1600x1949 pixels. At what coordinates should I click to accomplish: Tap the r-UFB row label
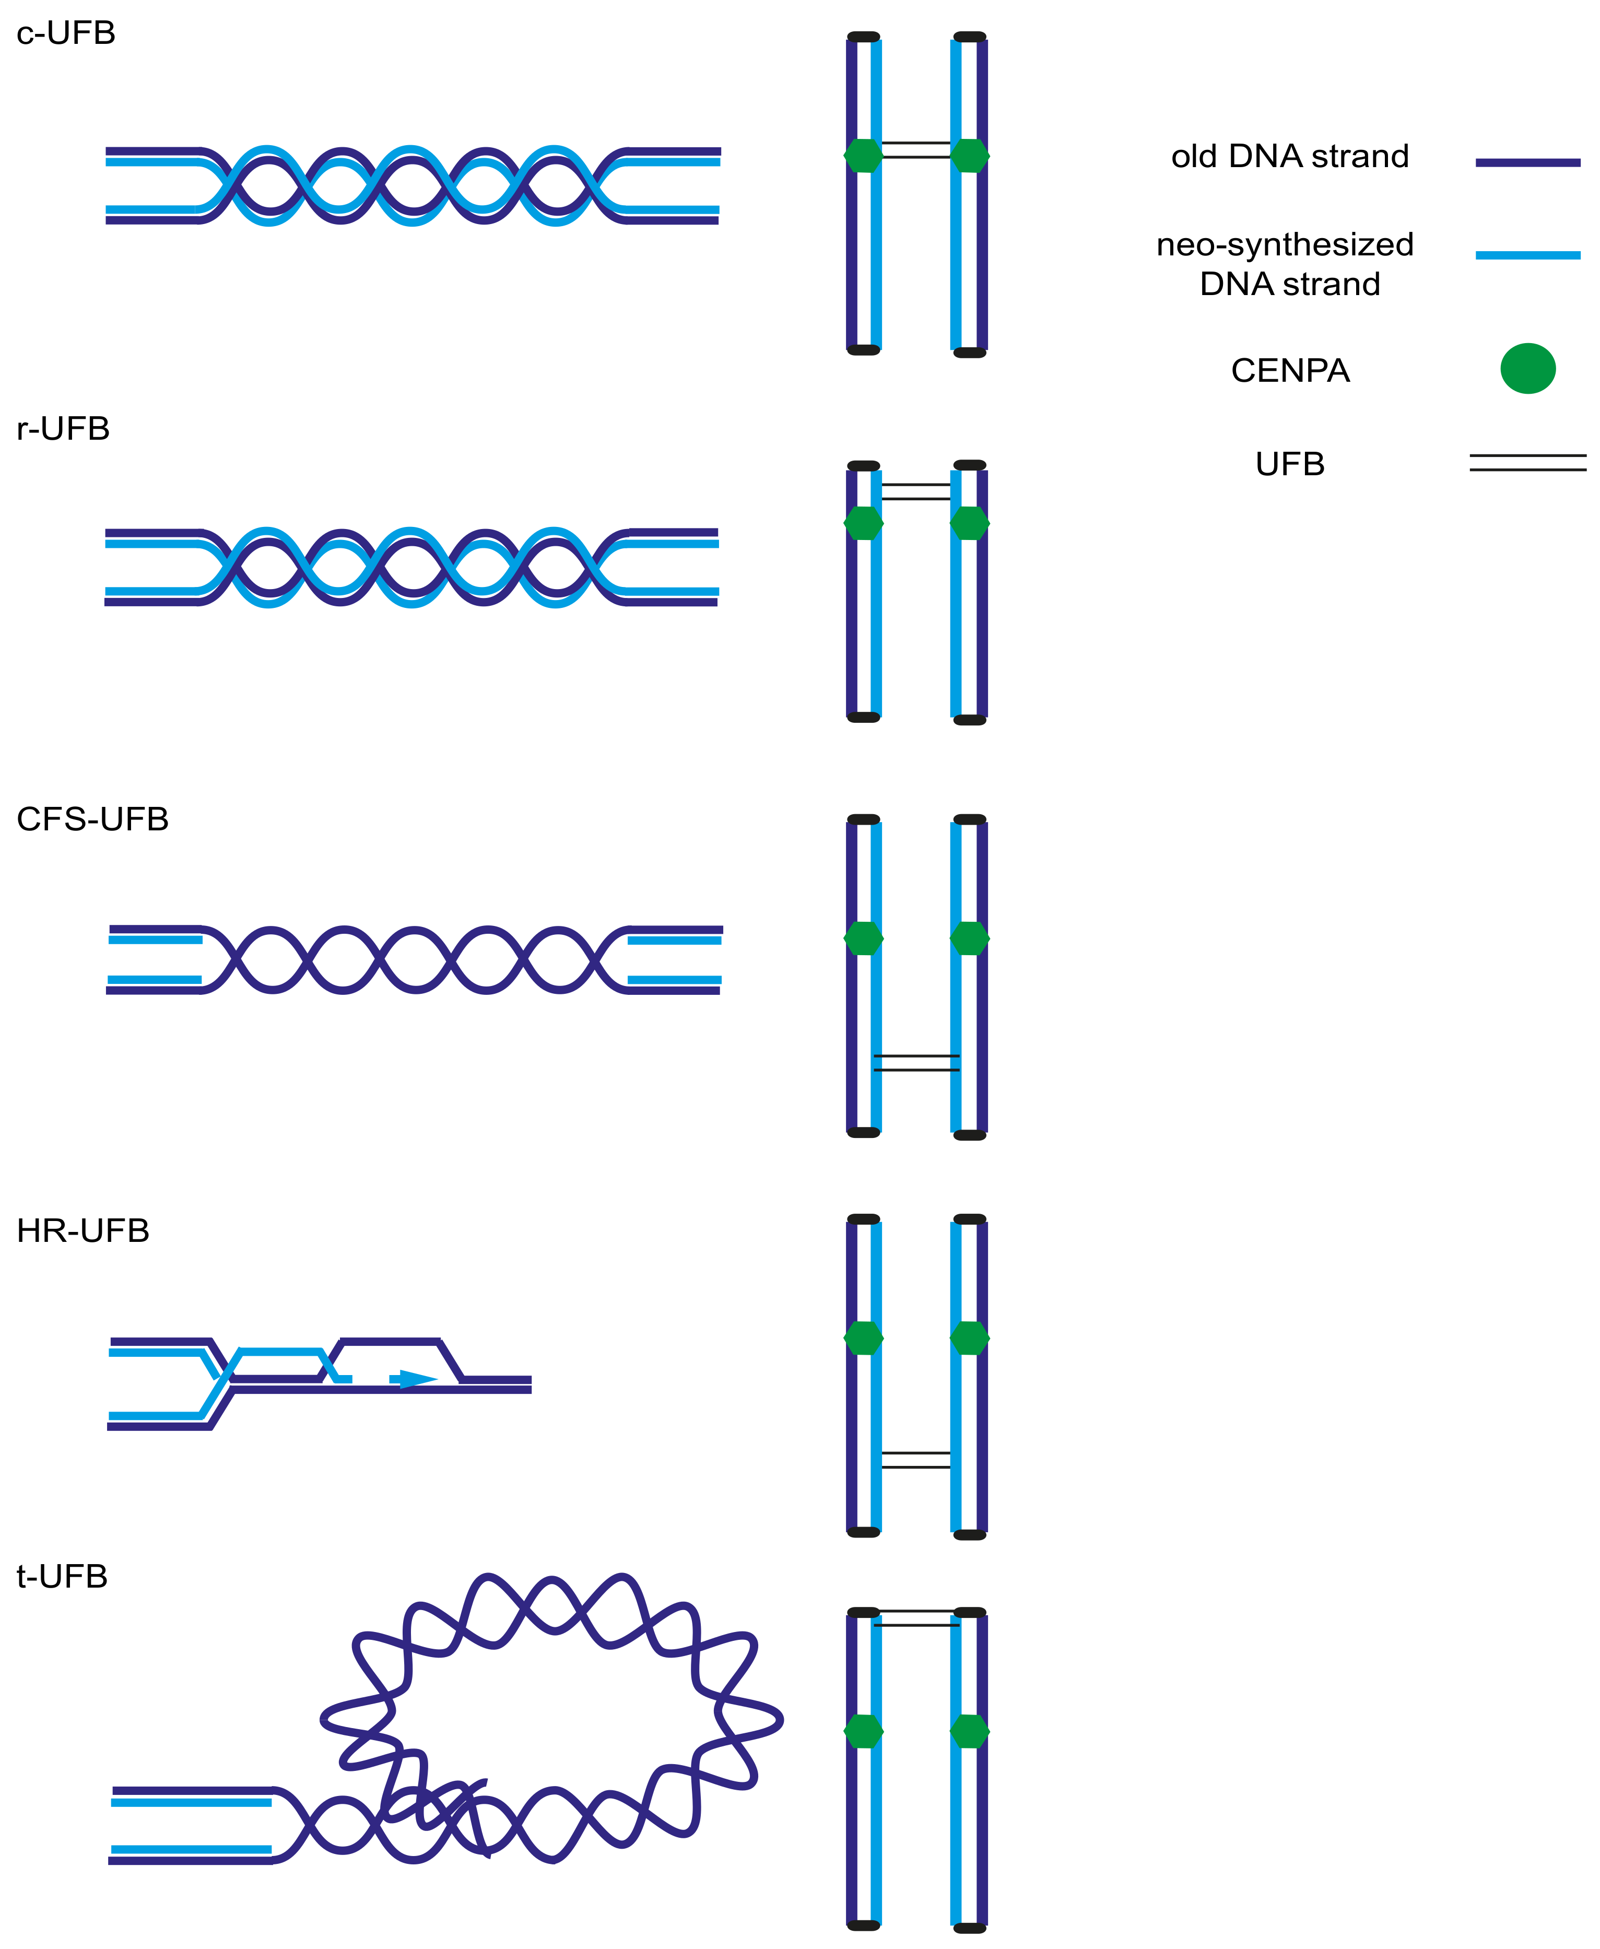point(63,429)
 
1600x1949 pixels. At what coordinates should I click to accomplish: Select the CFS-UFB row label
point(92,819)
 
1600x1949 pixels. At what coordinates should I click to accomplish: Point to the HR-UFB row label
point(83,1230)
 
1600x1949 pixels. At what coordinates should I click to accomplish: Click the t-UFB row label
point(62,1576)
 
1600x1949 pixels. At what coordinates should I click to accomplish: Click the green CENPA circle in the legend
point(1527,369)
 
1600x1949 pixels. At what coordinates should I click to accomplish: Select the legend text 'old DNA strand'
point(1289,157)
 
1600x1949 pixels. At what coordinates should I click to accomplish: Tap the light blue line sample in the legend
point(1527,254)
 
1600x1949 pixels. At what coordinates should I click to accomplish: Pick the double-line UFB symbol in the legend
point(1527,463)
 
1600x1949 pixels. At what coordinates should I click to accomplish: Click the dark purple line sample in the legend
point(1527,162)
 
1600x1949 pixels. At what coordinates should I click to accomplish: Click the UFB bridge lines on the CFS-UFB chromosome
point(916,1063)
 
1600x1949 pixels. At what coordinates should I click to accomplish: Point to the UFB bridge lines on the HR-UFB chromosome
point(916,1460)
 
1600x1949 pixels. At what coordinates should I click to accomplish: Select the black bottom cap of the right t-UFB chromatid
point(970,1928)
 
